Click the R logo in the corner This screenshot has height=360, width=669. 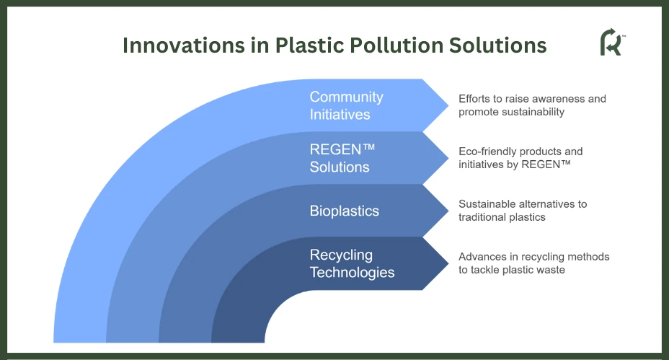point(612,42)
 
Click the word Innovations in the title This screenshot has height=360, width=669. point(184,45)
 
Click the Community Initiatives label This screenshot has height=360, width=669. point(347,105)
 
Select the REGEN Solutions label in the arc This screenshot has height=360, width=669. point(342,158)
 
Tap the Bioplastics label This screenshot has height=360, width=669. point(345,211)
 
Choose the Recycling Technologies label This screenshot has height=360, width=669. point(352,263)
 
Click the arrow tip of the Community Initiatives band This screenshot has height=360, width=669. point(448,105)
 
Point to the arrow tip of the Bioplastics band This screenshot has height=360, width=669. point(448,211)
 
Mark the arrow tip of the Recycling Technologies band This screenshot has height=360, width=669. point(448,263)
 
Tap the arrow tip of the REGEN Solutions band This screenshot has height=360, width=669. point(448,158)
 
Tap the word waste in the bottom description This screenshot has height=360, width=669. point(551,270)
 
